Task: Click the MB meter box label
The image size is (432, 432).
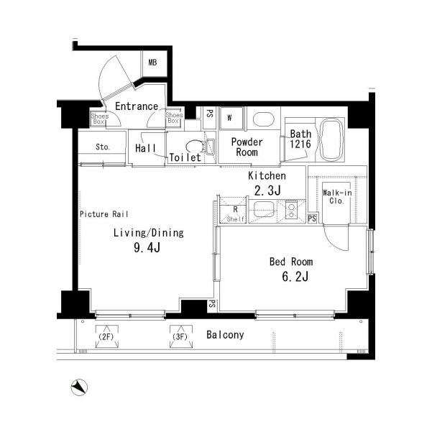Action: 152,63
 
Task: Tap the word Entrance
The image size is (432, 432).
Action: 137,106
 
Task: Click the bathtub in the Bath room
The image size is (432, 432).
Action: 331,139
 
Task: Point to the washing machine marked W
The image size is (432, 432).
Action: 231,118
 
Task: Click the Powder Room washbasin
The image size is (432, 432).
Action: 263,119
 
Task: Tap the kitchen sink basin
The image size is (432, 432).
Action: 264,210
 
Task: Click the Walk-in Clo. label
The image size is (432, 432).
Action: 337,197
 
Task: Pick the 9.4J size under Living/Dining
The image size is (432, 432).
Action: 147,248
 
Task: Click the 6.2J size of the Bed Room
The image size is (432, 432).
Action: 295,277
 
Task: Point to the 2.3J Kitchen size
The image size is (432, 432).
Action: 267,190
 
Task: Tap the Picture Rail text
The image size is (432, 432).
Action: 104,214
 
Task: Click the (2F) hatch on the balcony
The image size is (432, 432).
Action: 107,336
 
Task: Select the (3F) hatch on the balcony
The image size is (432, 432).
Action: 181,336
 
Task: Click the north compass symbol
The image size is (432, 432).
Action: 79,387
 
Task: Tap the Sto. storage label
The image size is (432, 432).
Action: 103,147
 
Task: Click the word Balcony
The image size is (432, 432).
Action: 225,335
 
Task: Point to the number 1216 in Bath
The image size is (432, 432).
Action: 300,144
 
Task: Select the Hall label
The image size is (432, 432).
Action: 145,148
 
